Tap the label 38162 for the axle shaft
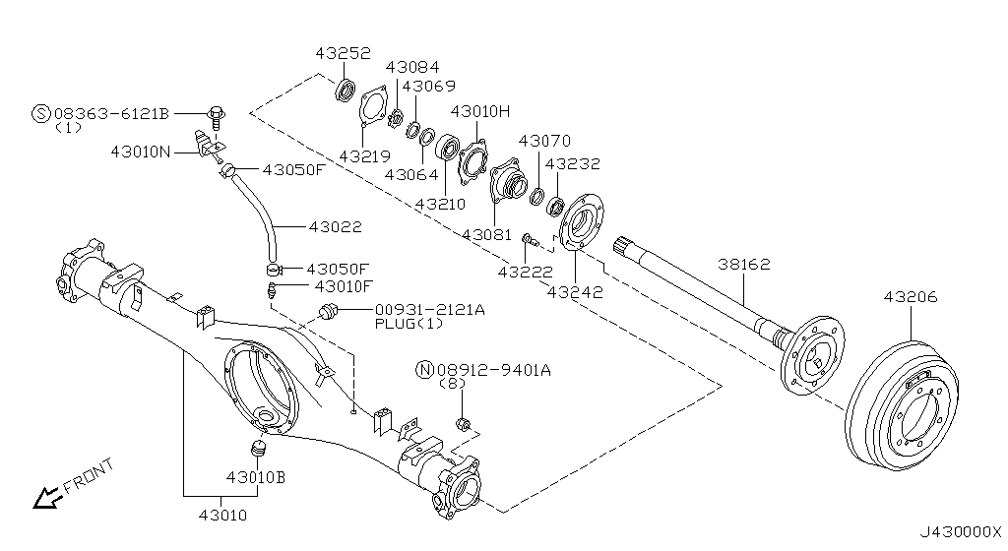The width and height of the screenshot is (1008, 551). pyautogui.click(x=742, y=265)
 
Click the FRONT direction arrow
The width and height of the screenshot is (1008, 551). pyautogui.click(x=44, y=499)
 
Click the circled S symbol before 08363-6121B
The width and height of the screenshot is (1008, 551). pyautogui.click(x=42, y=114)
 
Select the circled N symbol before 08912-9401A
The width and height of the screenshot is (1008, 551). pyautogui.click(x=425, y=370)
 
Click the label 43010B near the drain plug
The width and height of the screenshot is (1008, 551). pyautogui.click(x=256, y=477)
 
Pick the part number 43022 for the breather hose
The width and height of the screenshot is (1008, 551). pyautogui.click(x=335, y=226)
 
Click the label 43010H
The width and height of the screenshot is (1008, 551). pyautogui.click(x=480, y=111)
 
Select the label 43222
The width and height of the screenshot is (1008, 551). pyautogui.click(x=525, y=271)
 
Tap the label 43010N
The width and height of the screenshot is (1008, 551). pyautogui.click(x=141, y=152)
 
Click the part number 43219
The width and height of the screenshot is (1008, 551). pyautogui.click(x=364, y=155)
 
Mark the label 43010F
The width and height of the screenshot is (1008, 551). pyautogui.click(x=344, y=287)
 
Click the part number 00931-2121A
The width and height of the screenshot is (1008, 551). pyautogui.click(x=429, y=310)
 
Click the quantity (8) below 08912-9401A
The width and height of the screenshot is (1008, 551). pyautogui.click(x=451, y=383)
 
